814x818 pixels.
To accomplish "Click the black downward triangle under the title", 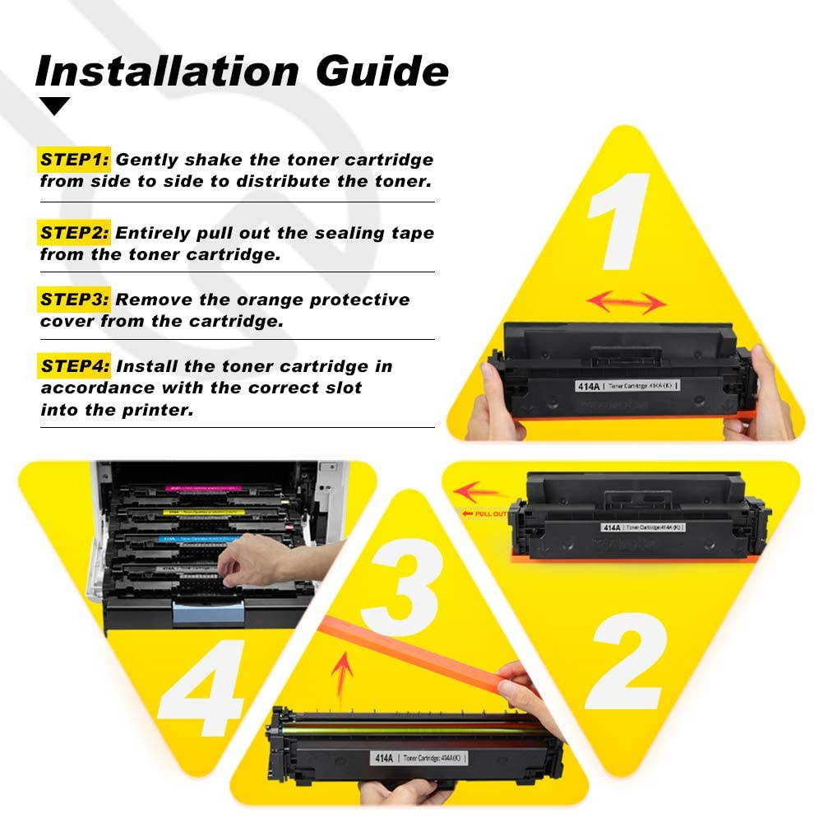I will coord(55,106).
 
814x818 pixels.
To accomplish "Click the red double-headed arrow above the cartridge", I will coord(627,302).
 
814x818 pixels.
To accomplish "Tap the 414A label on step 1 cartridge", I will coord(586,384).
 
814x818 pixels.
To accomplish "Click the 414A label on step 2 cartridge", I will coord(611,527).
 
